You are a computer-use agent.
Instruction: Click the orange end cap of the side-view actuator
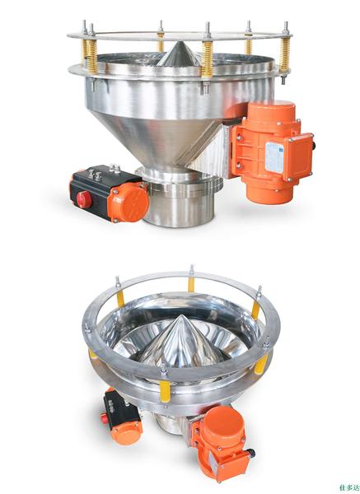point(129,201)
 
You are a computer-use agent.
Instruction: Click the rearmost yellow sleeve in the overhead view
point(191,286)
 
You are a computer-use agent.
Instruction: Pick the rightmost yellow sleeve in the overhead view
point(256,310)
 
